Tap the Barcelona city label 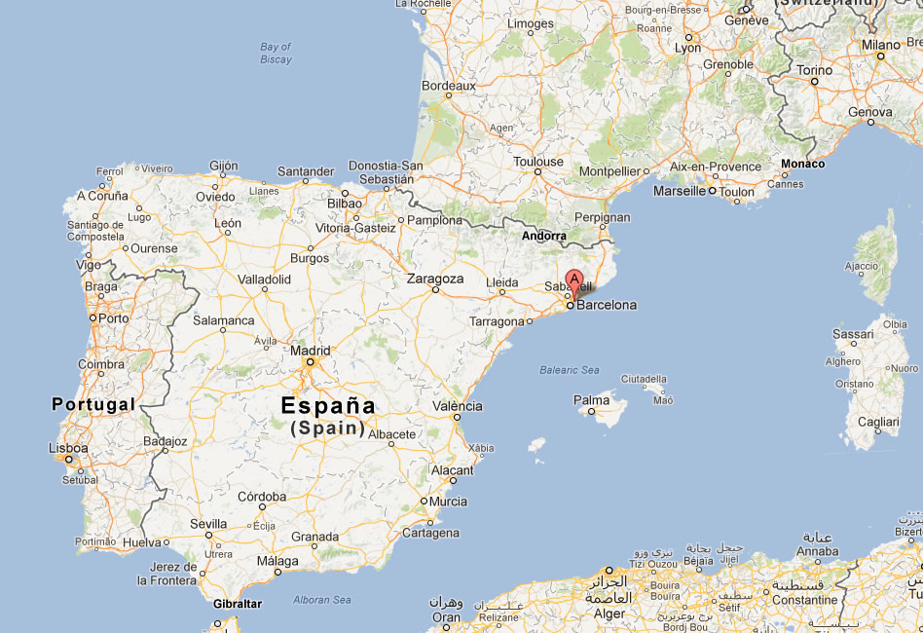[607, 305]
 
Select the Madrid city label [311, 351]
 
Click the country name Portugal [93, 403]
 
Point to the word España [327, 405]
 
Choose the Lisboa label [68, 449]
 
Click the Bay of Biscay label [276, 53]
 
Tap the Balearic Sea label [570, 370]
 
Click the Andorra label [543, 236]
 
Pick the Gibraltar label [238, 604]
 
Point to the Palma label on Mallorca [591, 399]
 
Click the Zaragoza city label [435, 279]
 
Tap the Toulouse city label [538, 162]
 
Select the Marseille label [680, 191]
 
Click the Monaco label [803, 164]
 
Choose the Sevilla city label [208, 524]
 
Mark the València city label [457, 406]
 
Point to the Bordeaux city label [448, 86]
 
